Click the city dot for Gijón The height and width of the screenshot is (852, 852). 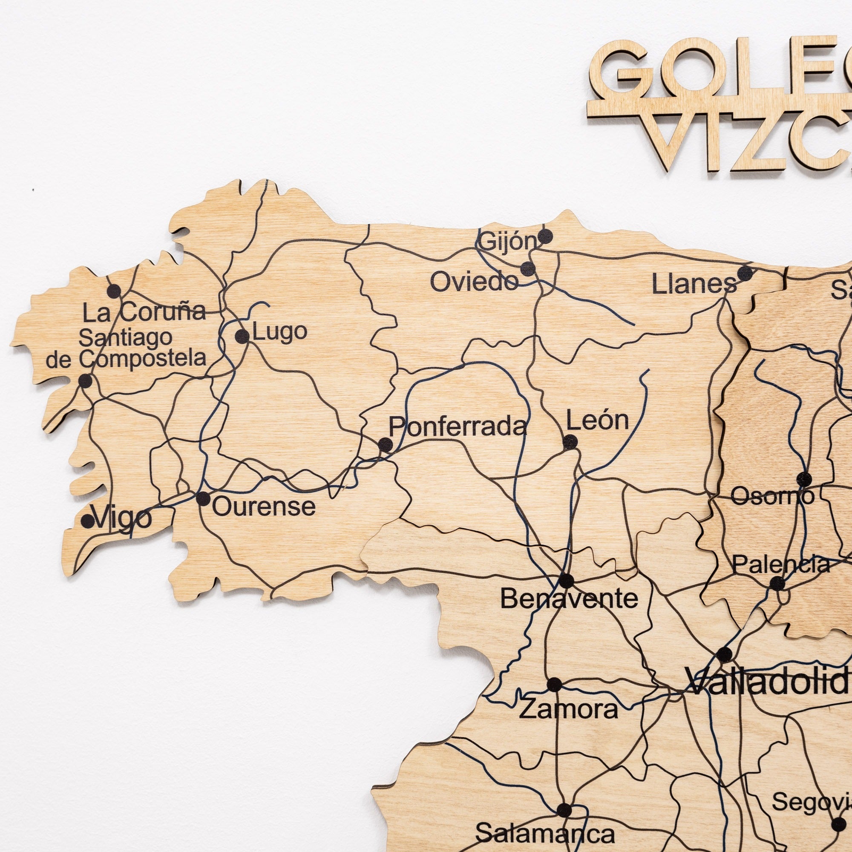545,236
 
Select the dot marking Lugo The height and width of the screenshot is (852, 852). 242,337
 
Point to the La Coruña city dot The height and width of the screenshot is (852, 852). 114,291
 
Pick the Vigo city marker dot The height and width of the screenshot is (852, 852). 88,521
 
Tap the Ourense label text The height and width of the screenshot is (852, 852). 264,507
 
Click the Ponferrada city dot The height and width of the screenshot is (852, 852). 386,444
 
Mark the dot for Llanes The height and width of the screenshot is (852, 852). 745,273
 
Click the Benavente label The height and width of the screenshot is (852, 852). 569,599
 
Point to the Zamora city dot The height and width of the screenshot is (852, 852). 554,685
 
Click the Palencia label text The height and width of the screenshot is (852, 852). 781,565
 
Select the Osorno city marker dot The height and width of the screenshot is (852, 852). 804,478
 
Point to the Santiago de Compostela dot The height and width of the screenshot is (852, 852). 85,380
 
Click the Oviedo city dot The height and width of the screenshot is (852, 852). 527,268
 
